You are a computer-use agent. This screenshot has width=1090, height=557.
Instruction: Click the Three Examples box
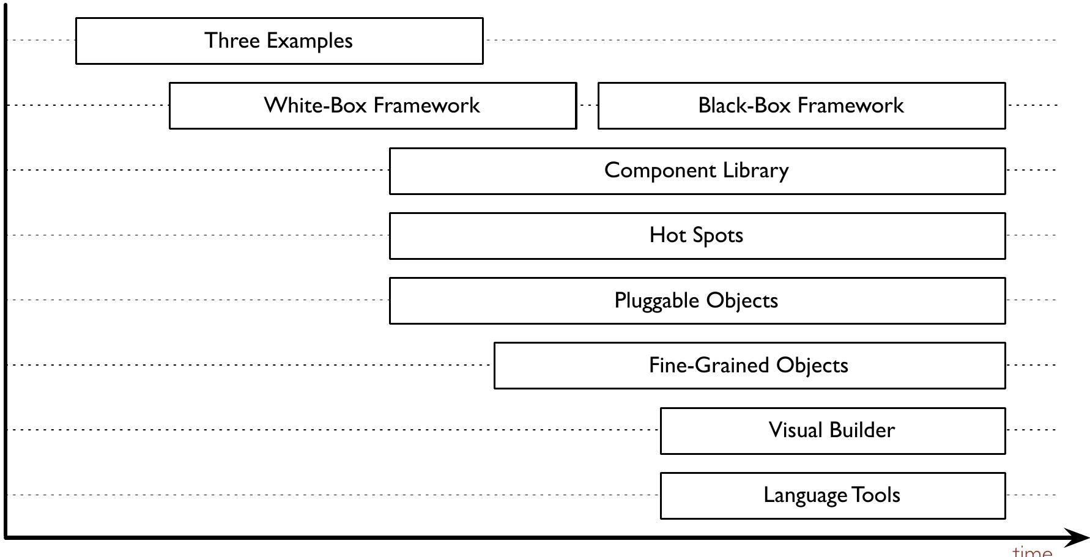279,41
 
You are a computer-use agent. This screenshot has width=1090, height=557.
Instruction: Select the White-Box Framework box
373,106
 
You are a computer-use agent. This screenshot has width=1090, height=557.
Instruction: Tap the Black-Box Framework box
801,106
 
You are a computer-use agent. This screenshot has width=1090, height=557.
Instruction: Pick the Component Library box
697,171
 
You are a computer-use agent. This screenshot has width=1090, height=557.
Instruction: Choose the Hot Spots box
697,236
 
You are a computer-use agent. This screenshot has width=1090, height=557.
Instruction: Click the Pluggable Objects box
697,301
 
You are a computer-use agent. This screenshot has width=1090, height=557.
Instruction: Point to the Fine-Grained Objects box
749,366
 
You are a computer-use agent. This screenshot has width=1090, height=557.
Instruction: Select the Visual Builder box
832,430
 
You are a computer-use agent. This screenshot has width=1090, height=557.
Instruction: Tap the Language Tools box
832,495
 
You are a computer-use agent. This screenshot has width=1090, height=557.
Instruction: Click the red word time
1033,551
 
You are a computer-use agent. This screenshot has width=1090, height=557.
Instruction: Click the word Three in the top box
232,40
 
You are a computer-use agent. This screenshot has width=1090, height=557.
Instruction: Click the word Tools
876,495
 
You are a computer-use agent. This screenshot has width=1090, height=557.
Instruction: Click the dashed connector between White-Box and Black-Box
587,105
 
